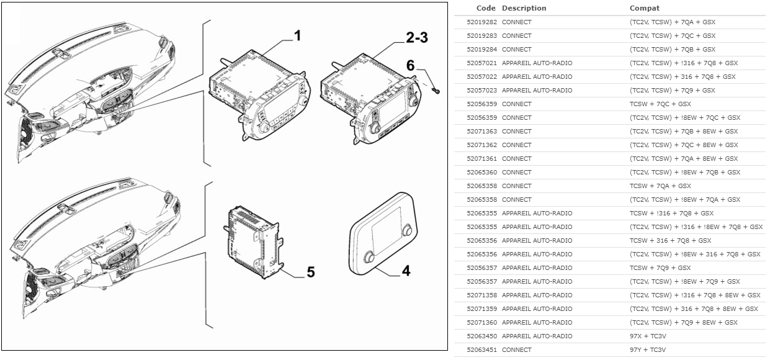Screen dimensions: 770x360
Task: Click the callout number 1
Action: click(297, 36)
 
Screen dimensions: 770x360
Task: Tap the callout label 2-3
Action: click(416, 37)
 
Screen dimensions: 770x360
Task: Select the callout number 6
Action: click(410, 65)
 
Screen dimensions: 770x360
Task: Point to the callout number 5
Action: click(311, 272)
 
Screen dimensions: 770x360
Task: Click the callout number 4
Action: click(406, 271)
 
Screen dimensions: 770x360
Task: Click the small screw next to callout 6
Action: click(436, 91)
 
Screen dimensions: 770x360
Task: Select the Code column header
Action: click(486, 8)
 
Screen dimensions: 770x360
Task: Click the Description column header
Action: click(524, 8)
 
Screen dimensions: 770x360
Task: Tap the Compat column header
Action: click(645, 8)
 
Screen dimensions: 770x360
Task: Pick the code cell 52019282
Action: click(481, 22)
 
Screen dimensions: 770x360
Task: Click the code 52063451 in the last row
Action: click(481, 349)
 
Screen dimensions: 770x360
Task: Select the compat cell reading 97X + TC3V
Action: click(648, 336)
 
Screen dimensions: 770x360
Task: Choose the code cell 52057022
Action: click(481, 77)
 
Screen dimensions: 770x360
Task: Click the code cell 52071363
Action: click(481, 132)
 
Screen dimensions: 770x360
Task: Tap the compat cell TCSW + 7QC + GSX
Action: click(660, 104)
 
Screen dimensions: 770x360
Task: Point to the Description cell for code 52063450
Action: click(537, 336)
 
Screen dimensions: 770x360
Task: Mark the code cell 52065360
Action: click(481, 173)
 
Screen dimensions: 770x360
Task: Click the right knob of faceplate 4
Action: click(407, 230)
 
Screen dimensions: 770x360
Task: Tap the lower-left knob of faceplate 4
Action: click(369, 257)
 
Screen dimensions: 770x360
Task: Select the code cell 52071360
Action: click(481, 323)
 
